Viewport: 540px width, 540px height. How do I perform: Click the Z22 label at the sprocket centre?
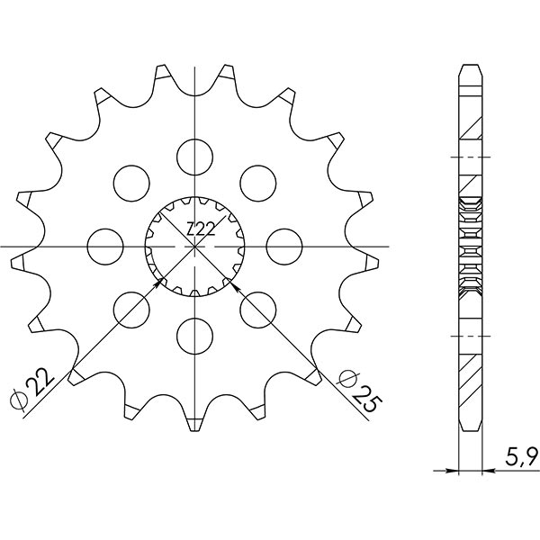coord(200,230)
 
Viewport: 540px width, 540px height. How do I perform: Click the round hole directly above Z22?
coord(193,157)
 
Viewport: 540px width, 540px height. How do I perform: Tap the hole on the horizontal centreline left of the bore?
coord(105,245)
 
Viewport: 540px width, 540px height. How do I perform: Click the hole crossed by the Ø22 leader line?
coord(130,308)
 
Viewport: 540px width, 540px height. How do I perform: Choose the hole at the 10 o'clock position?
coord(130,182)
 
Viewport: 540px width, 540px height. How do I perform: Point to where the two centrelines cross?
coord(193,245)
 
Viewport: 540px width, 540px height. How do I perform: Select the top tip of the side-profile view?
coord(469,67)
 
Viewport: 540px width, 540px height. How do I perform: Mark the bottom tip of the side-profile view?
coord(469,428)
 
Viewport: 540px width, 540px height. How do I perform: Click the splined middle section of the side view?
coord(469,245)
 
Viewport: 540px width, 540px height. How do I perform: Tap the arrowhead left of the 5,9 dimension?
coord(454,469)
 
